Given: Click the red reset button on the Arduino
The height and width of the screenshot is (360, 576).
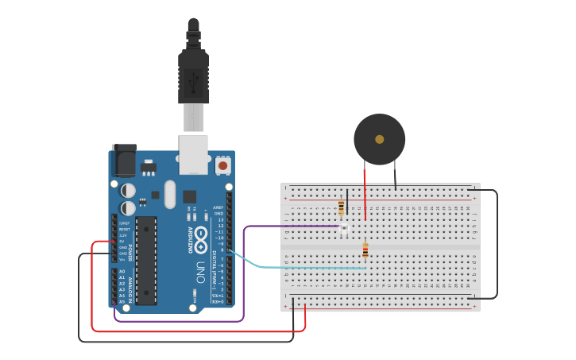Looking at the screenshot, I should [x=223, y=166].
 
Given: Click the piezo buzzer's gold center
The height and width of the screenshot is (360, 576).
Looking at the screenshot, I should [x=379, y=139].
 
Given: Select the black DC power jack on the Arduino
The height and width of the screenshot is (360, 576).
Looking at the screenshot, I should [x=123, y=161].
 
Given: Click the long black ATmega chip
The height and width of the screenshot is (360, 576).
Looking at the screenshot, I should [x=146, y=259].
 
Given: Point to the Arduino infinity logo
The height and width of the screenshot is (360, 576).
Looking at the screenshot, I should [x=202, y=236].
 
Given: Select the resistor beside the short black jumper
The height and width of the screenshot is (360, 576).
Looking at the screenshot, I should [x=342, y=208].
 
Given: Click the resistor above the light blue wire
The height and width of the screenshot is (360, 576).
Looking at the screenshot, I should [x=365, y=251].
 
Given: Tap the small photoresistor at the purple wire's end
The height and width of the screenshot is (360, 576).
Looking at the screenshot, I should [x=345, y=229].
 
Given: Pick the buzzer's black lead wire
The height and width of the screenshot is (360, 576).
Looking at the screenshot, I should [x=395, y=176].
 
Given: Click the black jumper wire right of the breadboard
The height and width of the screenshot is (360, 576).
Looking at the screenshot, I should [x=497, y=246].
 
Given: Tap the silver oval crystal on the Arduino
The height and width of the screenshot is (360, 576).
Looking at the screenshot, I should [x=168, y=194].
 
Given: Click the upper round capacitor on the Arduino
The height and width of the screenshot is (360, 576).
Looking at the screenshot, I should [x=128, y=191].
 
